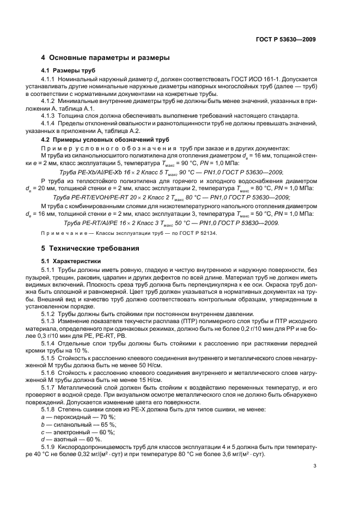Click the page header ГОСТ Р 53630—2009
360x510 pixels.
(x=285, y=39)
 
